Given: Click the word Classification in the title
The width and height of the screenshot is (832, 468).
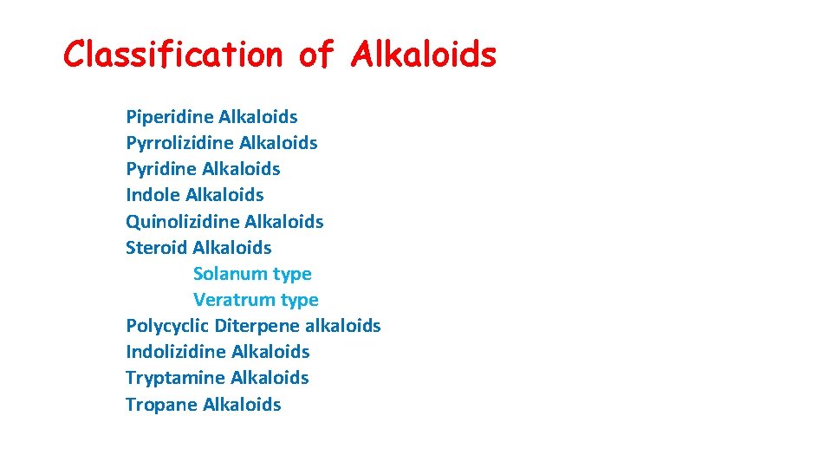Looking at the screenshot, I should pos(173,55).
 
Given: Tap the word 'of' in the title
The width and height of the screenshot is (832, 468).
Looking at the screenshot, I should pos(315,55).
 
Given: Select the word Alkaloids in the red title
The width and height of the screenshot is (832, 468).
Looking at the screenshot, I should pos(424,55).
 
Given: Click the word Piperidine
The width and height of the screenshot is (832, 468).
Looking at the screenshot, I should pos(169,117).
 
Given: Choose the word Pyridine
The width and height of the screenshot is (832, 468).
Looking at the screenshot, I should pos(161,169).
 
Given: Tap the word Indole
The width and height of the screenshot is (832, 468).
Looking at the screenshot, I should pos(153,195).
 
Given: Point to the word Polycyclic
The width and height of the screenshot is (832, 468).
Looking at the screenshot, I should pos(166,326).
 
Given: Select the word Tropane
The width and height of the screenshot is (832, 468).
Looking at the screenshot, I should pos(161,405).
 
